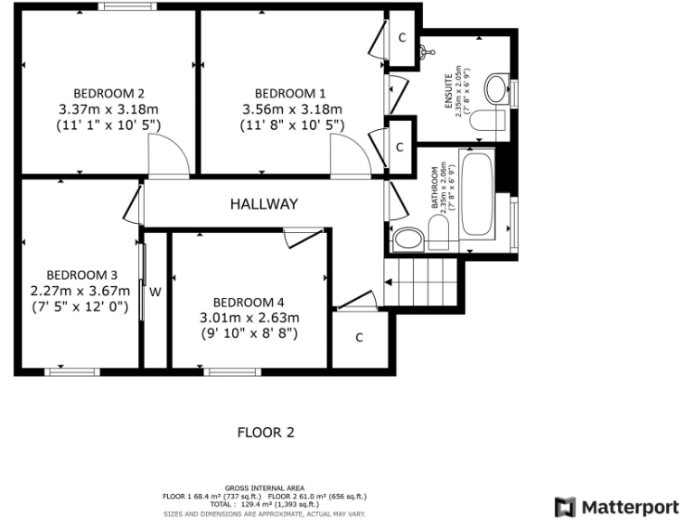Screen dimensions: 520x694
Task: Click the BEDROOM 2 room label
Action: coord(108,93)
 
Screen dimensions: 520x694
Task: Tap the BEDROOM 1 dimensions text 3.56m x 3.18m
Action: coord(290,110)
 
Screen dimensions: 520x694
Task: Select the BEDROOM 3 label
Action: coord(82,274)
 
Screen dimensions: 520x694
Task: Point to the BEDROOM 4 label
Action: coord(249,302)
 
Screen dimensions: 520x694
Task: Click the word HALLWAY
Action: coord(263,204)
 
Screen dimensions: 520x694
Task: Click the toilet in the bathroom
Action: coord(440,237)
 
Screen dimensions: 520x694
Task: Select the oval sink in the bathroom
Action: coord(408,239)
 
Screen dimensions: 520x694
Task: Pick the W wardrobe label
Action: coord(155,292)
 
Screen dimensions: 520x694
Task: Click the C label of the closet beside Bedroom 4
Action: coord(359,338)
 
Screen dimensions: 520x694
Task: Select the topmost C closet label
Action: coord(401,37)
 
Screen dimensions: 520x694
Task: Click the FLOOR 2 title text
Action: coord(266,432)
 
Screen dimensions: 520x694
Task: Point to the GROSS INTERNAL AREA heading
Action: coord(264,487)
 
